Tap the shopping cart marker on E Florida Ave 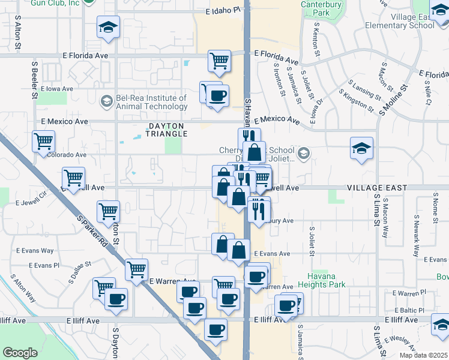pos(220,60)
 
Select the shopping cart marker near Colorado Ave pos(43,142)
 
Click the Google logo pos(20,353)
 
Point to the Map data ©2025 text pos(423,355)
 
